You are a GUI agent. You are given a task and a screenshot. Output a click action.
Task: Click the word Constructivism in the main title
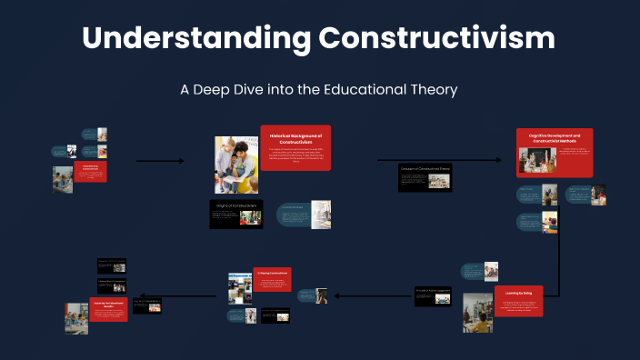436,38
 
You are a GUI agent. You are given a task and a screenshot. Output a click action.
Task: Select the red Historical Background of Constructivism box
295,147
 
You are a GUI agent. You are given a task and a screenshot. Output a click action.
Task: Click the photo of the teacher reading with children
236,165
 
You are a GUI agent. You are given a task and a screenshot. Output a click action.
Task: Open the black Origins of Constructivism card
236,214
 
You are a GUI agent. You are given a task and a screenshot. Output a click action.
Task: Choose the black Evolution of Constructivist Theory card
425,177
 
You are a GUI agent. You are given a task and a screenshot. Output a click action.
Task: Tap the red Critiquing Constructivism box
273,279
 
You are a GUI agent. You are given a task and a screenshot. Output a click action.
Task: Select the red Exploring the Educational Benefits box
107,309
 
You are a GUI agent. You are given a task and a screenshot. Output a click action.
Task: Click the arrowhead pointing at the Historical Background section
181,162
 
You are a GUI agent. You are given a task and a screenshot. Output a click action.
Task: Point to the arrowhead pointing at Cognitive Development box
498,161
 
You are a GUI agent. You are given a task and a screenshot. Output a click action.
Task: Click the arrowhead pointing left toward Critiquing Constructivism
337,295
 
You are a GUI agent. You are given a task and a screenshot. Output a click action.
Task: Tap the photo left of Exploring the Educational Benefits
76,318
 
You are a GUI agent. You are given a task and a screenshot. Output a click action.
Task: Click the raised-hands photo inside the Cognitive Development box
537,160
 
